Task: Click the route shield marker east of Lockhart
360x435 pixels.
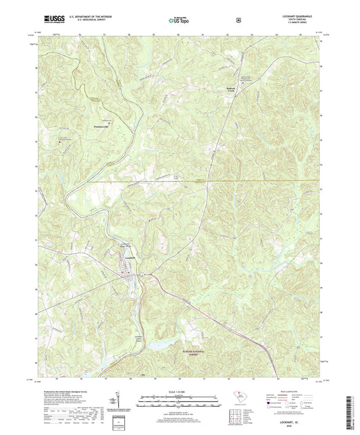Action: tap(143, 274)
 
